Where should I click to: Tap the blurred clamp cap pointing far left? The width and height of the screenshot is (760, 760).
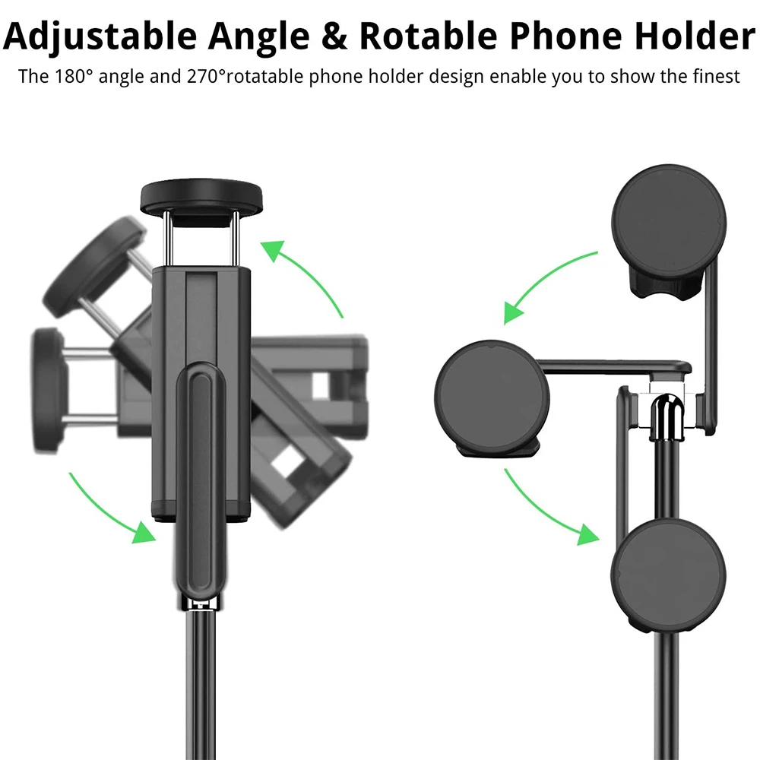(47, 377)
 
